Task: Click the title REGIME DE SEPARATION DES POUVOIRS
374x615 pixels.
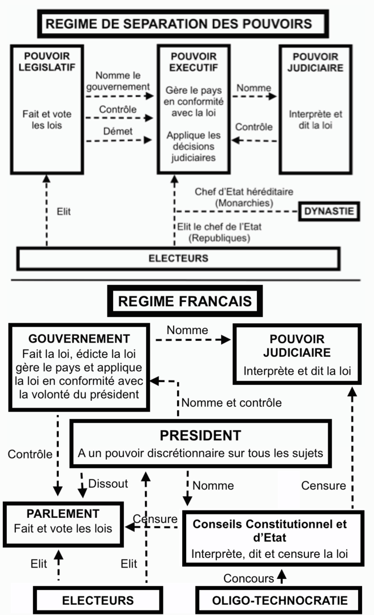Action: click(x=179, y=24)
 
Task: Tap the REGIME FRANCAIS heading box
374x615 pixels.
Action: click(x=185, y=300)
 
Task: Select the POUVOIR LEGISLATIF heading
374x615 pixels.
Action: click(x=46, y=63)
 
